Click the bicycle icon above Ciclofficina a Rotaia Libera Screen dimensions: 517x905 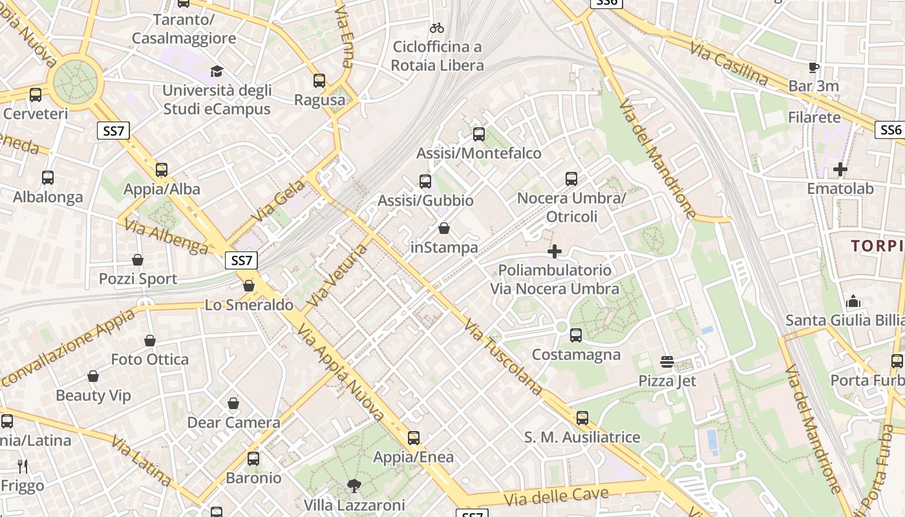point(437,28)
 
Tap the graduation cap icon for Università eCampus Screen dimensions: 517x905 point(217,70)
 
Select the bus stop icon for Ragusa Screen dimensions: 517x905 point(319,81)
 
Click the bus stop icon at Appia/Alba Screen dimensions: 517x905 point(162,170)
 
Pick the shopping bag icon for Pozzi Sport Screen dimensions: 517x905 point(138,260)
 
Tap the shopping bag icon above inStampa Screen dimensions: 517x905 point(444,228)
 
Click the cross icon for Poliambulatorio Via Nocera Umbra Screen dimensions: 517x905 point(555,251)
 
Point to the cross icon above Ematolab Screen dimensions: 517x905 point(840,169)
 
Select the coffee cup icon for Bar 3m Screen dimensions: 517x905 point(814,67)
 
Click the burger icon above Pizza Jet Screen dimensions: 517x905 point(667,362)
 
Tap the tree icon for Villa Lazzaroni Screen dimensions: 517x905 point(354,485)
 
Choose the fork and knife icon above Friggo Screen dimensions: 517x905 point(23,467)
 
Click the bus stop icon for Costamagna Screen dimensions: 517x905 point(576,335)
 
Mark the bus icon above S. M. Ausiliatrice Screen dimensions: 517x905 point(582,418)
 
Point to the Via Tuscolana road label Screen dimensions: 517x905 point(503,357)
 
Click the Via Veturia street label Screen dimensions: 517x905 point(337,276)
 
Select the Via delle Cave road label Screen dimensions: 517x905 point(557,497)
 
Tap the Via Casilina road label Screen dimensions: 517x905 point(729,64)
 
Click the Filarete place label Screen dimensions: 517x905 point(814,118)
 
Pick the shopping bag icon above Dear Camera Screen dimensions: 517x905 point(233,404)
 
